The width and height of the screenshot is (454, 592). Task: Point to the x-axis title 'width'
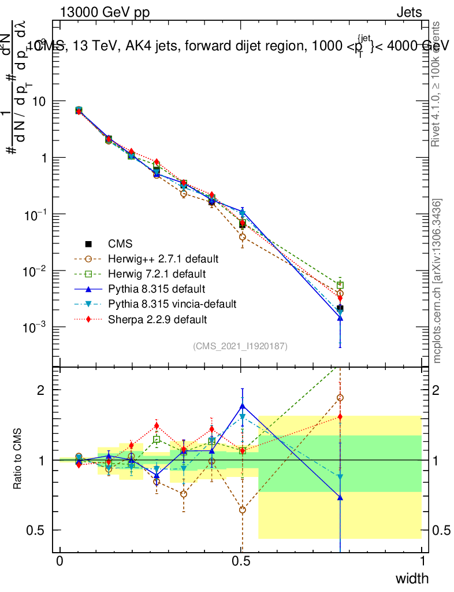point(411,578)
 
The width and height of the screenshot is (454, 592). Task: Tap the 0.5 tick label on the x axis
point(241,562)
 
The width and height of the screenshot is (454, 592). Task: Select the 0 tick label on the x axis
point(60,562)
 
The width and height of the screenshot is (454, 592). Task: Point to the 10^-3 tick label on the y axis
point(35,328)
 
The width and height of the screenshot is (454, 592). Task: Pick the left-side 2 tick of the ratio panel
point(41,390)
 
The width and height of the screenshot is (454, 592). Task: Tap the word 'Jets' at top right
point(409,12)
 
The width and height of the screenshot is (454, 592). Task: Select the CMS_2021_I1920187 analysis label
point(240,346)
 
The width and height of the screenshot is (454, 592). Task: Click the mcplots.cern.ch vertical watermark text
point(437,280)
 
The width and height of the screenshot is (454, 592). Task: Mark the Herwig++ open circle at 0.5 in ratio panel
point(243,510)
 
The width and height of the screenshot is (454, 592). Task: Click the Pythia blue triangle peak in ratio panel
point(243,405)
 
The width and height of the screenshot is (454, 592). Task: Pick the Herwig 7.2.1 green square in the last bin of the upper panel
point(340,285)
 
